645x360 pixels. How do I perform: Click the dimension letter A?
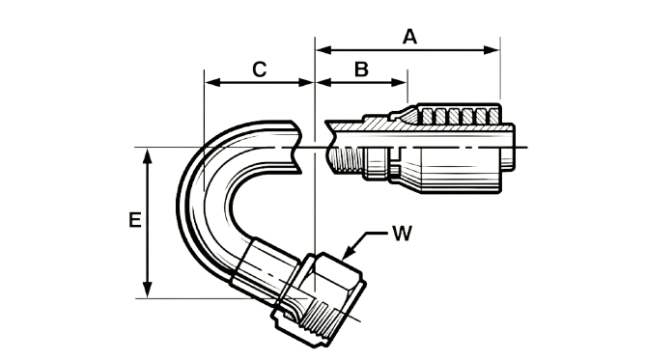(x=409, y=37)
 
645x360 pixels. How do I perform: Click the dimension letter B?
(x=361, y=69)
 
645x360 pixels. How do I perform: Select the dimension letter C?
(x=259, y=69)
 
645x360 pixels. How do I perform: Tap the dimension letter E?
(x=135, y=220)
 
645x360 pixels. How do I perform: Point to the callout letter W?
(x=402, y=234)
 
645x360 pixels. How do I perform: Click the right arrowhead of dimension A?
(x=492, y=50)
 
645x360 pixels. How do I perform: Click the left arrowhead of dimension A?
(x=323, y=50)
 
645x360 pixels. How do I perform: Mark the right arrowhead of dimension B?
(x=399, y=82)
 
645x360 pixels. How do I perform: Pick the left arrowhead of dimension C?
(x=212, y=82)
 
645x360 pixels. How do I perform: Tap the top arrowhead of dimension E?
(x=148, y=155)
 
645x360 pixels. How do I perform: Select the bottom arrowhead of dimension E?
(x=148, y=291)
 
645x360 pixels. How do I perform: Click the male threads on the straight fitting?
(x=348, y=160)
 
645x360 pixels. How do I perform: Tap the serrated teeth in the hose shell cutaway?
(x=457, y=116)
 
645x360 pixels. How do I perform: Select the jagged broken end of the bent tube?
(x=297, y=147)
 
